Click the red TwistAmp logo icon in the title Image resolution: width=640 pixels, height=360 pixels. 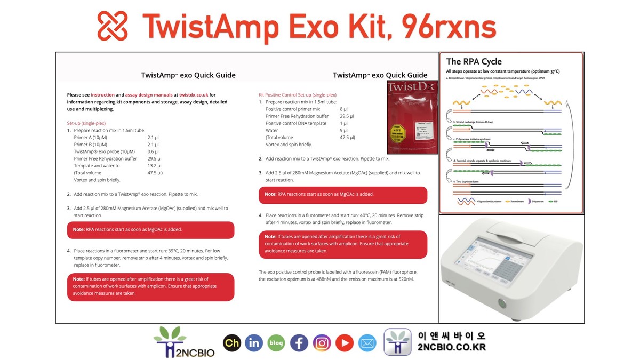(x=113, y=26)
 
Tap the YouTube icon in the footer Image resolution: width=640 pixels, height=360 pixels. (x=345, y=343)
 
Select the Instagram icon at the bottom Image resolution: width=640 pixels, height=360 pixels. (x=322, y=343)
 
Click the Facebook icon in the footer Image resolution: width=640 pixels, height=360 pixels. (x=299, y=343)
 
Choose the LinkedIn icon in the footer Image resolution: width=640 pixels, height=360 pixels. (x=254, y=343)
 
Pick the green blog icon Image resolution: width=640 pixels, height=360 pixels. (x=276, y=343)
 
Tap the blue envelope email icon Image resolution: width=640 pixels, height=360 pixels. (x=367, y=343)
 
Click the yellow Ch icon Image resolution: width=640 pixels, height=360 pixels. (x=231, y=343)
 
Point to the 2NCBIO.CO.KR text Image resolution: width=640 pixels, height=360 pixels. (x=451, y=348)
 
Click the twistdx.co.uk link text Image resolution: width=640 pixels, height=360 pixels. (x=194, y=94)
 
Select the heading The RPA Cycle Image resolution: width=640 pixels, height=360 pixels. (x=474, y=61)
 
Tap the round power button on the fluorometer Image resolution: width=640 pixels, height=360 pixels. (x=502, y=304)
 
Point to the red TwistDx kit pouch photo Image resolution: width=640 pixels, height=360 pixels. (x=412, y=117)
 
